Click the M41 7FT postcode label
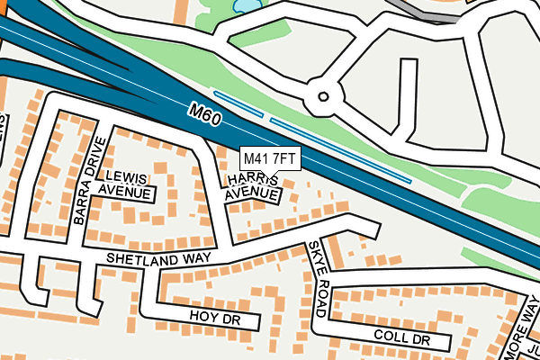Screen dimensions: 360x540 point(270,158)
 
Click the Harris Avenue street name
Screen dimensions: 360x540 point(251,187)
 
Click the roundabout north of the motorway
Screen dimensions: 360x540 point(323,95)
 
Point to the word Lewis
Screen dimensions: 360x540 point(125,177)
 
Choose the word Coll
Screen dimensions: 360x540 point(391,337)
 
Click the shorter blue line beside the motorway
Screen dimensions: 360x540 point(238,103)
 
